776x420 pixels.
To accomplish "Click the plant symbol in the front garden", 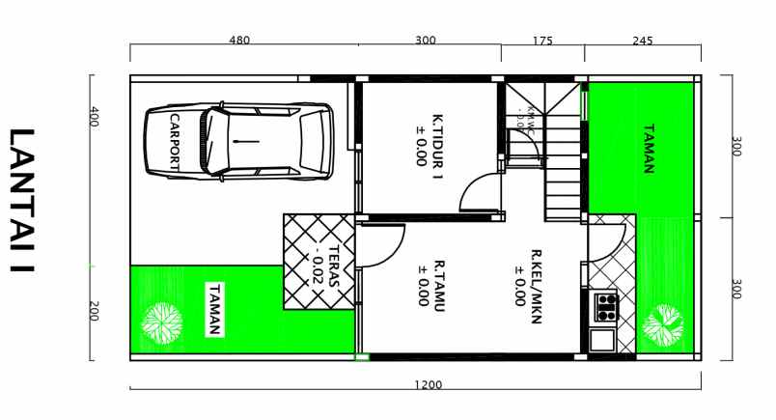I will click(161, 323).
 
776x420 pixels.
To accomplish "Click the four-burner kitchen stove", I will click(606, 307).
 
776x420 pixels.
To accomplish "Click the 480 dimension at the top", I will click(239, 41).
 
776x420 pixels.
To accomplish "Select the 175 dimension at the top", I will click(542, 41).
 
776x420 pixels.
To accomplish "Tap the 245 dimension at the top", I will click(643, 41).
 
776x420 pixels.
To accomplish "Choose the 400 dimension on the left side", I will click(95, 118).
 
